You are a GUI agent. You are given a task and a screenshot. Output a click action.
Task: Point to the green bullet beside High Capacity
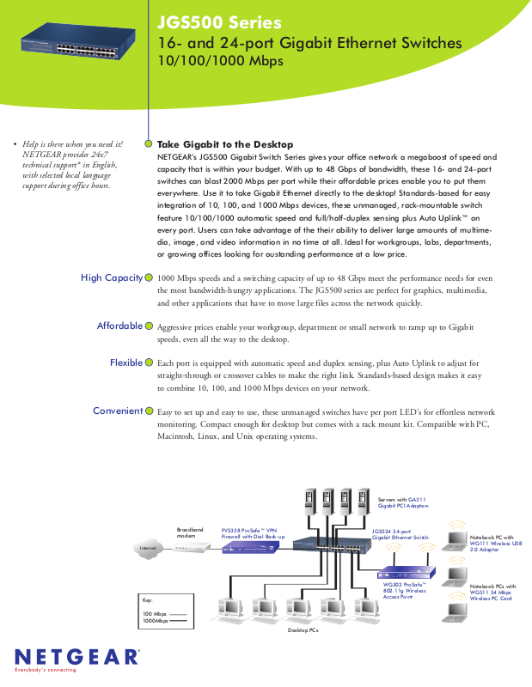(x=150, y=278)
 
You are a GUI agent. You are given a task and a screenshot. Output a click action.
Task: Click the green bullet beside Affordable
(x=150, y=326)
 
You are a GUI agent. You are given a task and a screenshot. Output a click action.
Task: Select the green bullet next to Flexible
(x=150, y=363)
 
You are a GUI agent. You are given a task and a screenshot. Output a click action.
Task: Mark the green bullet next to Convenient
(x=150, y=411)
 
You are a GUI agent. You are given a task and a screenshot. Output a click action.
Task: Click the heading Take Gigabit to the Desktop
(x=225, y=144)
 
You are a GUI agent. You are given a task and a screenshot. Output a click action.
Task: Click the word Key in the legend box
(x=147, y=599)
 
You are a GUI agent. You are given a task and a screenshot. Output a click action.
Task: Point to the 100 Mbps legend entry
(x=155, y=614)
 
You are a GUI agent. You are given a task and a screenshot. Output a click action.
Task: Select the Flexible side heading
(x=125, y=363)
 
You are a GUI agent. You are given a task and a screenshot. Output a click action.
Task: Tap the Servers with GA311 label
(x=402, y=499)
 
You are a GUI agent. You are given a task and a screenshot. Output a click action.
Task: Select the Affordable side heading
(x=119, y=326)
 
